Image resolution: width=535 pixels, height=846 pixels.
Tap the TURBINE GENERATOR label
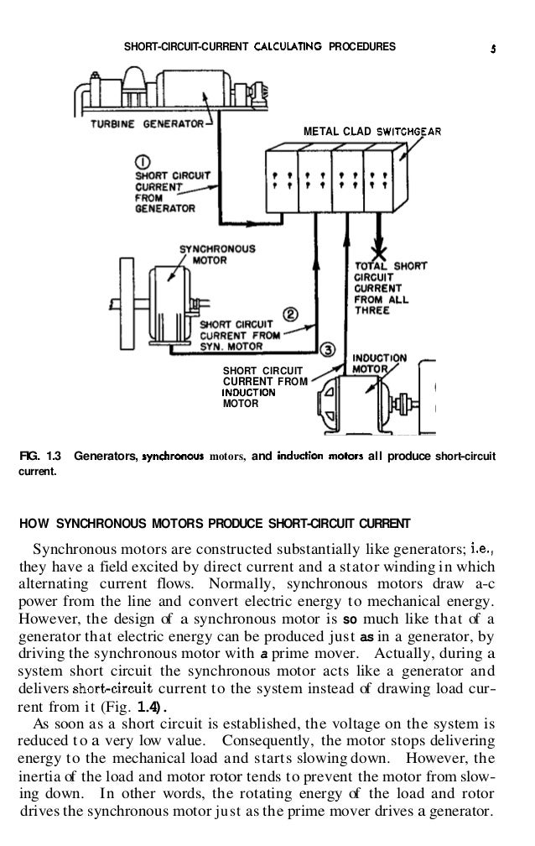pyautogui.click(x=148, y=123)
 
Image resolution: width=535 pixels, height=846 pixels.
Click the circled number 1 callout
pyautogui.click(x=143, y=160)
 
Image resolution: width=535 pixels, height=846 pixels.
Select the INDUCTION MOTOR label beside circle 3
pyautogui.click(x=378, y=363)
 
